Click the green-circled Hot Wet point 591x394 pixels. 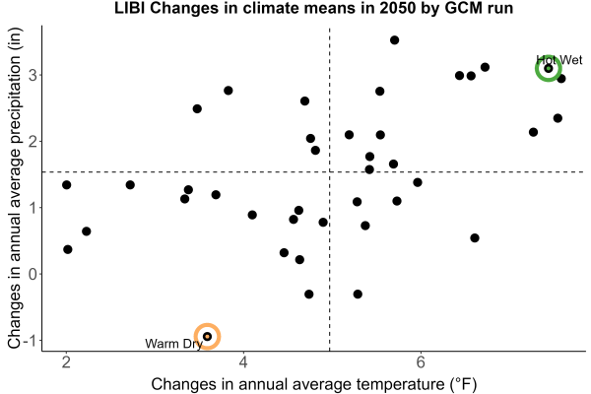click(549, 68)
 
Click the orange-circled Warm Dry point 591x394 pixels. click(207, 336)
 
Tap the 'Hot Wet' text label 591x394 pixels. click(559, 60)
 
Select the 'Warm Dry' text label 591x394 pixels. click(173, 344)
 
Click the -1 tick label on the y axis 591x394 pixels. click(30, 341)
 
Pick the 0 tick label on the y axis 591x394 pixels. click(33, 274)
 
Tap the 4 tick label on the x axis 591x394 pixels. click(243, 362)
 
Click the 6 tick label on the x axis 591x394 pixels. click(421, 362)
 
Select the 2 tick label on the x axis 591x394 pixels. click(67, 362)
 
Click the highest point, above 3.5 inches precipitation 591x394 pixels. click(394, 40)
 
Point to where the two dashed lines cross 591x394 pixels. click(329, 172)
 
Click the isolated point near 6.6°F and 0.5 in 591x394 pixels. click(475, 238)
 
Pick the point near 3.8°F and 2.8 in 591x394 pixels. click(229, 91)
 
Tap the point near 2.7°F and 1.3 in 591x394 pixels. click(130, 185)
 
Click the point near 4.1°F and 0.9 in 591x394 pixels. click(252, 215)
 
